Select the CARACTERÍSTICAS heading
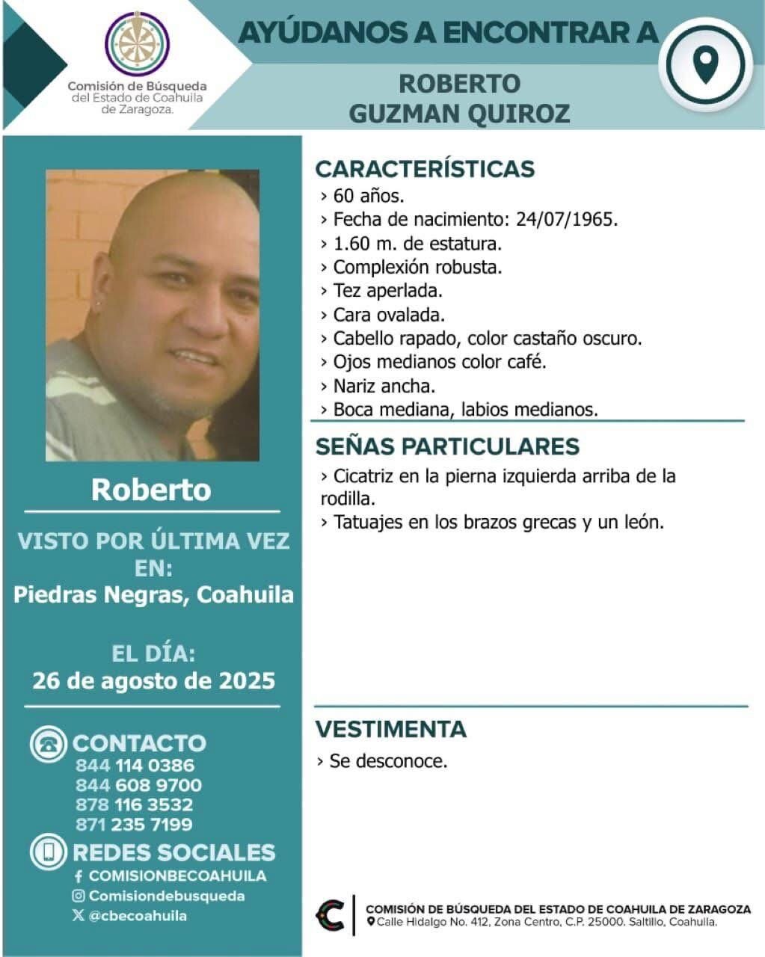click(425, 169)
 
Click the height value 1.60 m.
click(360, 244)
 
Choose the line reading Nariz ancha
click(384, 386)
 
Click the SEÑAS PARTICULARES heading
click(447, 446)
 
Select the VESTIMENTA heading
click(390, 729)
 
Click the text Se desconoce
click(388, 762)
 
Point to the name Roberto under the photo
click(151, 490)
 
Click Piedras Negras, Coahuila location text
click(153, 595)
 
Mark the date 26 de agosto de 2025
click(153, 681)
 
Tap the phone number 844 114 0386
click(135, 766)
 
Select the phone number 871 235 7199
click(134, 825)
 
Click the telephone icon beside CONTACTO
click(49, 744)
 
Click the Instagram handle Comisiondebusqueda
click(166, 896)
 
